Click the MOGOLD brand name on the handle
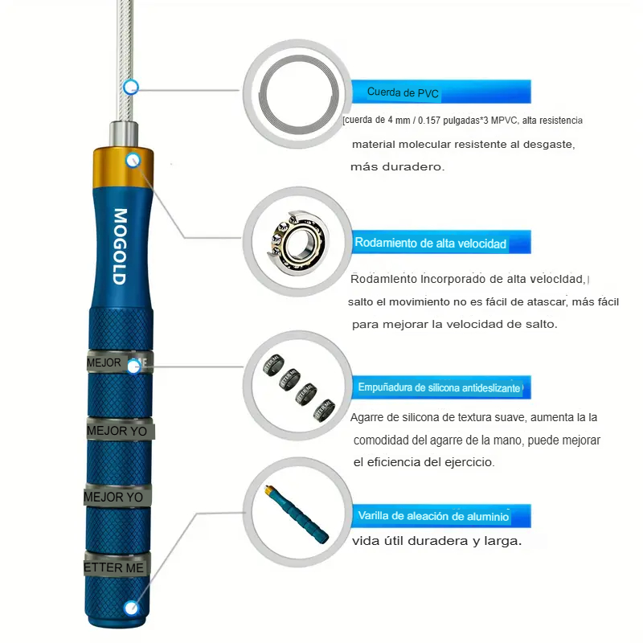[120, 247]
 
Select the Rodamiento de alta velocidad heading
[430, 244]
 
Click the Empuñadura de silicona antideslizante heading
[439, 387]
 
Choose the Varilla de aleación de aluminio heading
[433, 516]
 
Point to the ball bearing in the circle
[297, 242]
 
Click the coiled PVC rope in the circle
[298, 94]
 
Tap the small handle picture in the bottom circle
[297, 514]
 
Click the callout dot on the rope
[131, 87]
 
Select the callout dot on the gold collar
[133, 160]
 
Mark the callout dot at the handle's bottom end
[131, 608]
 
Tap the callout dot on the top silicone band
[133, 367]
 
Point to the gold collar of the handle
[124, 167]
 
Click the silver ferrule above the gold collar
[124, 133]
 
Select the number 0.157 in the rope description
[428, 121]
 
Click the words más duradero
[397, 167]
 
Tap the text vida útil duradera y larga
[436, 541]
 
